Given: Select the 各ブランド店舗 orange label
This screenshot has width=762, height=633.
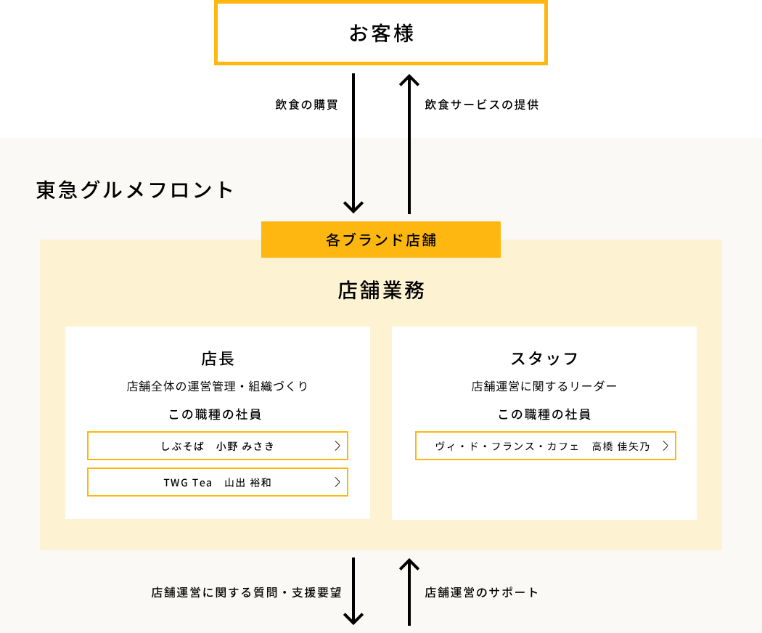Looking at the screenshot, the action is coord(381,240).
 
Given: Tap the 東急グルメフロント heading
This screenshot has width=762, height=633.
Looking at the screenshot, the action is coord(135,189).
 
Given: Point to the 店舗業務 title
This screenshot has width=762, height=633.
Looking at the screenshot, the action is coord(381,290).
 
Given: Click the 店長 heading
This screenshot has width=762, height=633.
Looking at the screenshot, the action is coord(218,359).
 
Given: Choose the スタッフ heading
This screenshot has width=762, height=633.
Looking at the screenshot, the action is coord(544,359).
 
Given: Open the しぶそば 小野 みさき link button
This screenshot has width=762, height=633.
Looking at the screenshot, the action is coord(218,446).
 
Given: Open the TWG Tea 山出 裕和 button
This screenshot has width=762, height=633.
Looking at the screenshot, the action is coord(218,482).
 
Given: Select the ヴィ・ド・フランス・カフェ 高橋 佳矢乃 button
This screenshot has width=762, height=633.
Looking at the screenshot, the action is coord(545,446).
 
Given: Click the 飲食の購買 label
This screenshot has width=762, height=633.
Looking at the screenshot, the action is coord(307,105).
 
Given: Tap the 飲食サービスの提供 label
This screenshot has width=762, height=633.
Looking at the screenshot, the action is coord(482,105).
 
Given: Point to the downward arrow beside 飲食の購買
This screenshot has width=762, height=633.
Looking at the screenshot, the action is coord(353,144).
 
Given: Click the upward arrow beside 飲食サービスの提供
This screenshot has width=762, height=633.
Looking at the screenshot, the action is coord(409,144).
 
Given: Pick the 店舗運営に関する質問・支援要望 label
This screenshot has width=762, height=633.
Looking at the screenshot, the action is coord(247,592).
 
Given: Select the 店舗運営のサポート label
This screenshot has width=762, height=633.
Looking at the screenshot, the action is coord(482,592).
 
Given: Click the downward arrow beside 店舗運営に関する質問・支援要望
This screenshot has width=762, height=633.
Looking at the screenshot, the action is coord(353,591).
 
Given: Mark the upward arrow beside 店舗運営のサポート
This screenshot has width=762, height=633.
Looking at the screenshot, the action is coord(409,592).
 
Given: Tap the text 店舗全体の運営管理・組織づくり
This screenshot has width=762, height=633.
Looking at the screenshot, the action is coord(218,386).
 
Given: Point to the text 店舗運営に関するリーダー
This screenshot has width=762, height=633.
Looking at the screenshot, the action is coord(544,386).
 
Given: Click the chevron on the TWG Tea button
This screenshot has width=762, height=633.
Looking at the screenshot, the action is coord(337,482).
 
